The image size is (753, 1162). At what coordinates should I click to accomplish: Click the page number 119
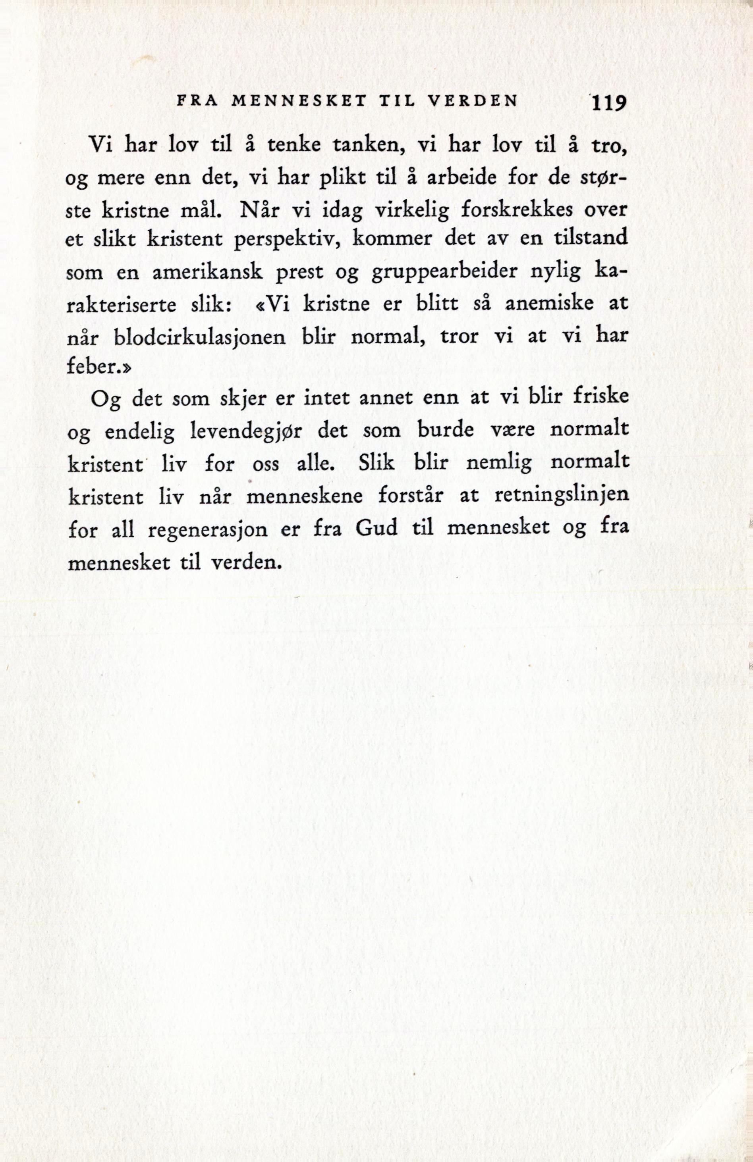pos(608,104)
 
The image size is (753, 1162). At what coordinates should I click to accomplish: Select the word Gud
pos(376,529)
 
